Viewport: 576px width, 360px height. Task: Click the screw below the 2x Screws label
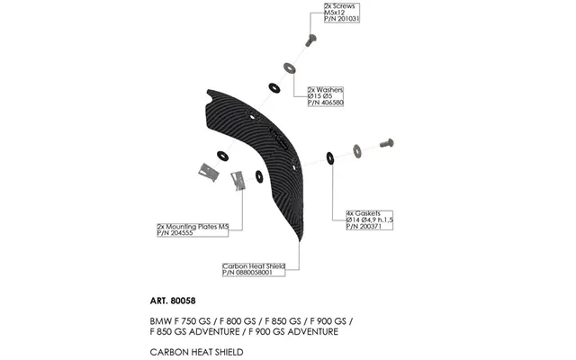point(310,40)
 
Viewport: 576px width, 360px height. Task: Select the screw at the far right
point(386,143)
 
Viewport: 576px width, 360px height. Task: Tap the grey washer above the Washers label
point(290,68)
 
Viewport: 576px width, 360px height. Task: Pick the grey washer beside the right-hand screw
point(357,151)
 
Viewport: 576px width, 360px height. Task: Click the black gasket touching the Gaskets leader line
point(330,158)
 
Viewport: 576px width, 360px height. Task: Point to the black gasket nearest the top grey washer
point(274,88)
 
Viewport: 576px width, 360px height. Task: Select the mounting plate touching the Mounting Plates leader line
point(238,180)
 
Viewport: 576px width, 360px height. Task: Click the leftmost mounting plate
point(209,172)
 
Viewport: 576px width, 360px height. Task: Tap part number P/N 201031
point(342,19)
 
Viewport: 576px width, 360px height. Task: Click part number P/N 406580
point(326,103)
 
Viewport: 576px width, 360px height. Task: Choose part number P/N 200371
point(364,226)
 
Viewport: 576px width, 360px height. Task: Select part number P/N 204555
point(175,233)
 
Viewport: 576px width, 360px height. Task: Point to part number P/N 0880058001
point(247,273)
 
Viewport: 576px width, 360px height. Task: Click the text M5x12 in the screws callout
point(335,13)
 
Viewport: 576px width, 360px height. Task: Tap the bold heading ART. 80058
point(173,301)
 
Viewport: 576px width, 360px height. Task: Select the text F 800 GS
point(236,321)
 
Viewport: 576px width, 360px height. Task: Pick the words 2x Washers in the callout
point(326,90)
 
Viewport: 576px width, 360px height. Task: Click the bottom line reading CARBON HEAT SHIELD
point(196,352)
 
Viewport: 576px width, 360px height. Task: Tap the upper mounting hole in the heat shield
point(252,117)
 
